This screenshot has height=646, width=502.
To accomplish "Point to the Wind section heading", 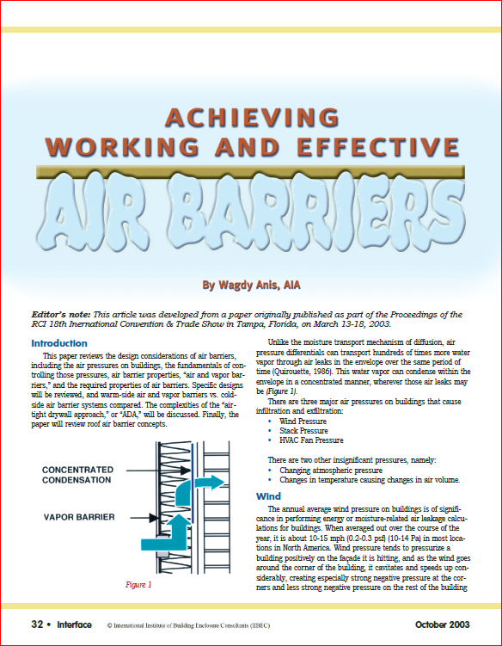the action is pyautogui.click(x=269, y=497).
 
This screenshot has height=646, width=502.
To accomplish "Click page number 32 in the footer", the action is pyautogui.click(x=37, y=624).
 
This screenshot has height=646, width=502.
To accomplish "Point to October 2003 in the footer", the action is pyautogui.click(x=442, y=624).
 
